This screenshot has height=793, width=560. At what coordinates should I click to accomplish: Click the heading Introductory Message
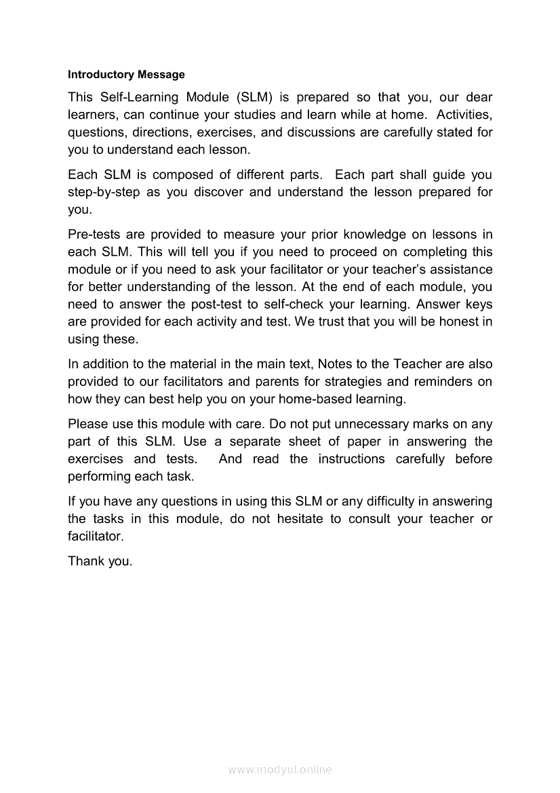pyautogui.click(x=126, y=74)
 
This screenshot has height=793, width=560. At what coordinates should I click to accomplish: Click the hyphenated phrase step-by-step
pyautogui.click(x=104, y=192)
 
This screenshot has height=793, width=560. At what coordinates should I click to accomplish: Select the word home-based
pyautogui.click(x=313, y=399)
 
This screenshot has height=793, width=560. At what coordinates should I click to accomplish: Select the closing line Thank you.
pyautogui.click(x=100, y=562)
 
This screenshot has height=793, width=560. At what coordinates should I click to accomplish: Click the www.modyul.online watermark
pyautogui.click(x=280, y=770)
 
